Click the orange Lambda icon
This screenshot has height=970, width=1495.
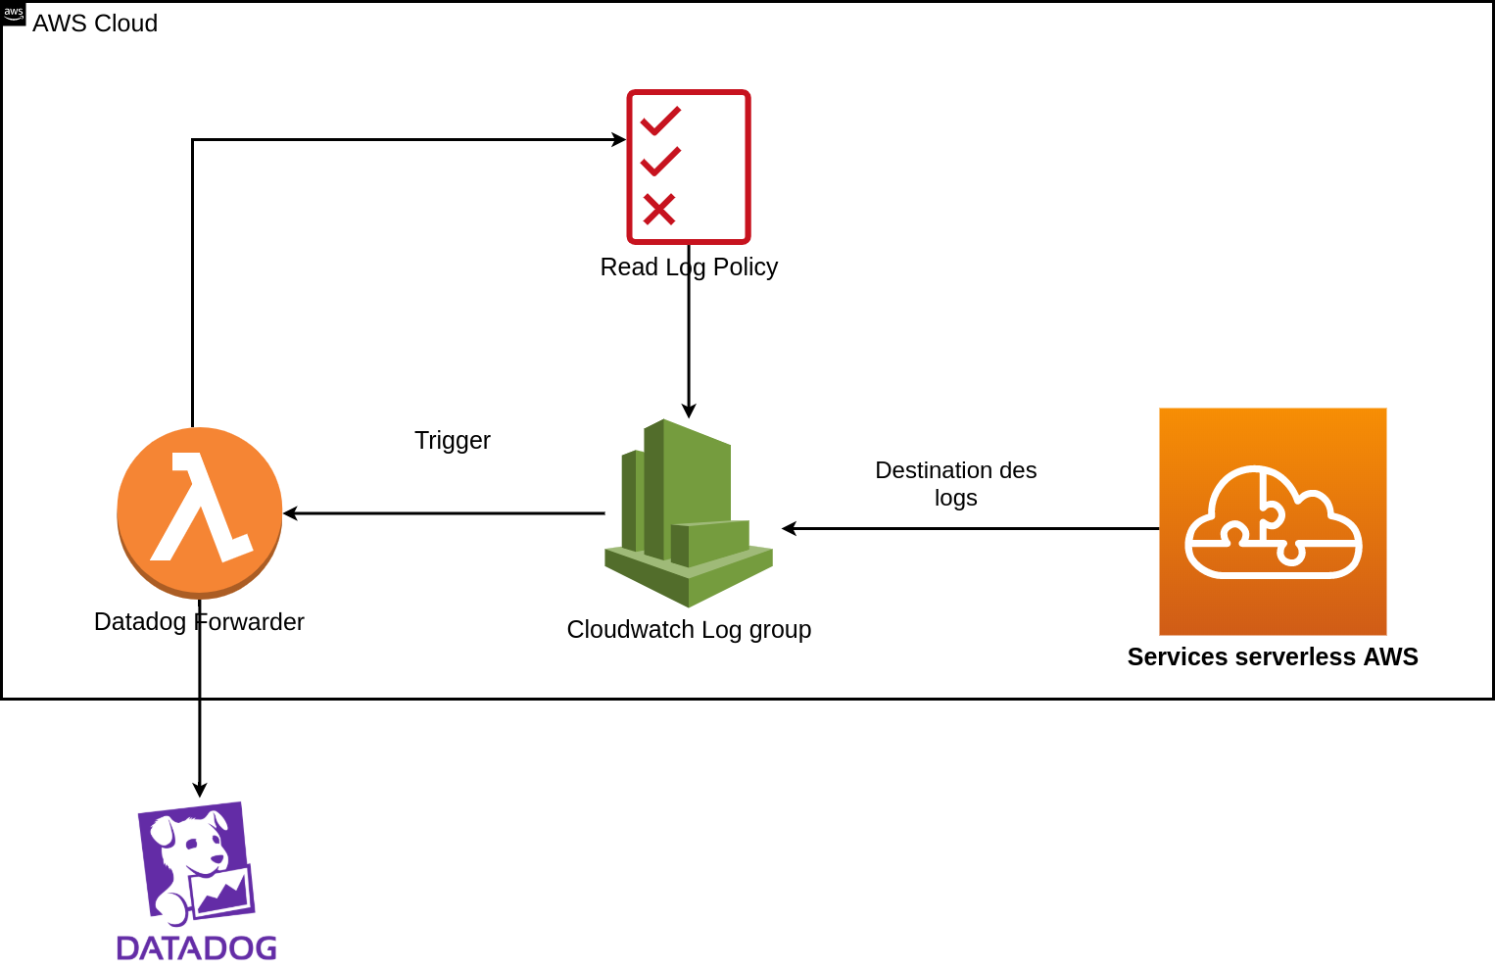pos(200,512)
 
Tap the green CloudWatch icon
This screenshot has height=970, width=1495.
pos(689,513)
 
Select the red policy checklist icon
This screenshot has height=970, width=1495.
pos(689,167)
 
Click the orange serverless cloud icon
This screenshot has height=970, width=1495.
pos(1273,521)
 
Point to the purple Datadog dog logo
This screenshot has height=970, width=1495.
pos(196,864)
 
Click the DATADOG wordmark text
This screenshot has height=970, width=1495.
pos(196,948)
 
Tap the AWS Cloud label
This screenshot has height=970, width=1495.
pos(95,24)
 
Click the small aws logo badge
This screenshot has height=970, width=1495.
pos(13,14)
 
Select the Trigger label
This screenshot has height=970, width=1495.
pos(453,441)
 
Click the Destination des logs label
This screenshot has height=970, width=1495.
pos(956,484)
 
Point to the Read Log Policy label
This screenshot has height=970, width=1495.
pos(689,267)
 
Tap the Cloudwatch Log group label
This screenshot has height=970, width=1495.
pos(689,630)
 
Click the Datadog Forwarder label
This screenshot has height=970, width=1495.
pos(199,621)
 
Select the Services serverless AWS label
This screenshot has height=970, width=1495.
pos(1273,656)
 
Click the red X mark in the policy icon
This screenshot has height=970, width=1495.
pos(658,209)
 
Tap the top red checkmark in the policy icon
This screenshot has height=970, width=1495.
pos(660,121)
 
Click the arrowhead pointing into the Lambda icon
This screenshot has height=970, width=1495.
pos(290,513)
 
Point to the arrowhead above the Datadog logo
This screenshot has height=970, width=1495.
pos(200,790)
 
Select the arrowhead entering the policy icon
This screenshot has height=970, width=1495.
pos(619,139)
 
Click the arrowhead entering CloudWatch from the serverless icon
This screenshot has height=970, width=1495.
pos(789,529)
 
